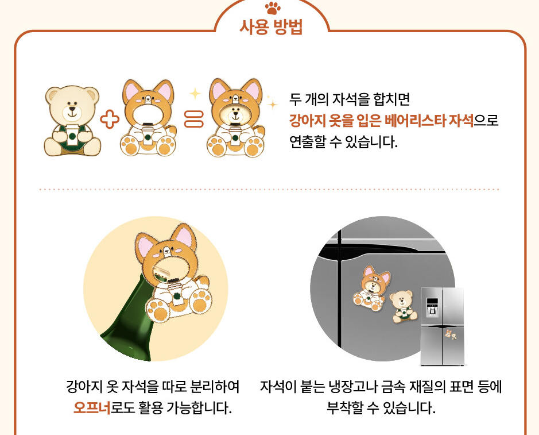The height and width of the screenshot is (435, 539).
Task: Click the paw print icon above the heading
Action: coord(273,8)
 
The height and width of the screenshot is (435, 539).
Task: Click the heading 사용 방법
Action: coord(271,27)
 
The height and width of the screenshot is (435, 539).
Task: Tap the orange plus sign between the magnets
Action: coord(110,120)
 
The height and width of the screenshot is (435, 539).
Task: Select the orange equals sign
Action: coord(194,119)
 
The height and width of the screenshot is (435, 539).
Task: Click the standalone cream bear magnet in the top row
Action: coord(72,121)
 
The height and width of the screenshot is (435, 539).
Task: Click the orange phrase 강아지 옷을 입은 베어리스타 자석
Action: coord(381,121)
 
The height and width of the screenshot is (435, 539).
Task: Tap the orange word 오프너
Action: coord(92,408)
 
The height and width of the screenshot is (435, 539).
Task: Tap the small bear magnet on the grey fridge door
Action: coord(403,306)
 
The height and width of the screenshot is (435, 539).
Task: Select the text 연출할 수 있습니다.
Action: coord(343,141)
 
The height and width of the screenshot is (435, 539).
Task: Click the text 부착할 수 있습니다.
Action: coord(381,408)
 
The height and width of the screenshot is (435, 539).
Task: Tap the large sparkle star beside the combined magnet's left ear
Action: coord(195,93)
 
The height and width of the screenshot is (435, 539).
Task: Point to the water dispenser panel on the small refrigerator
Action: coord(432,307)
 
